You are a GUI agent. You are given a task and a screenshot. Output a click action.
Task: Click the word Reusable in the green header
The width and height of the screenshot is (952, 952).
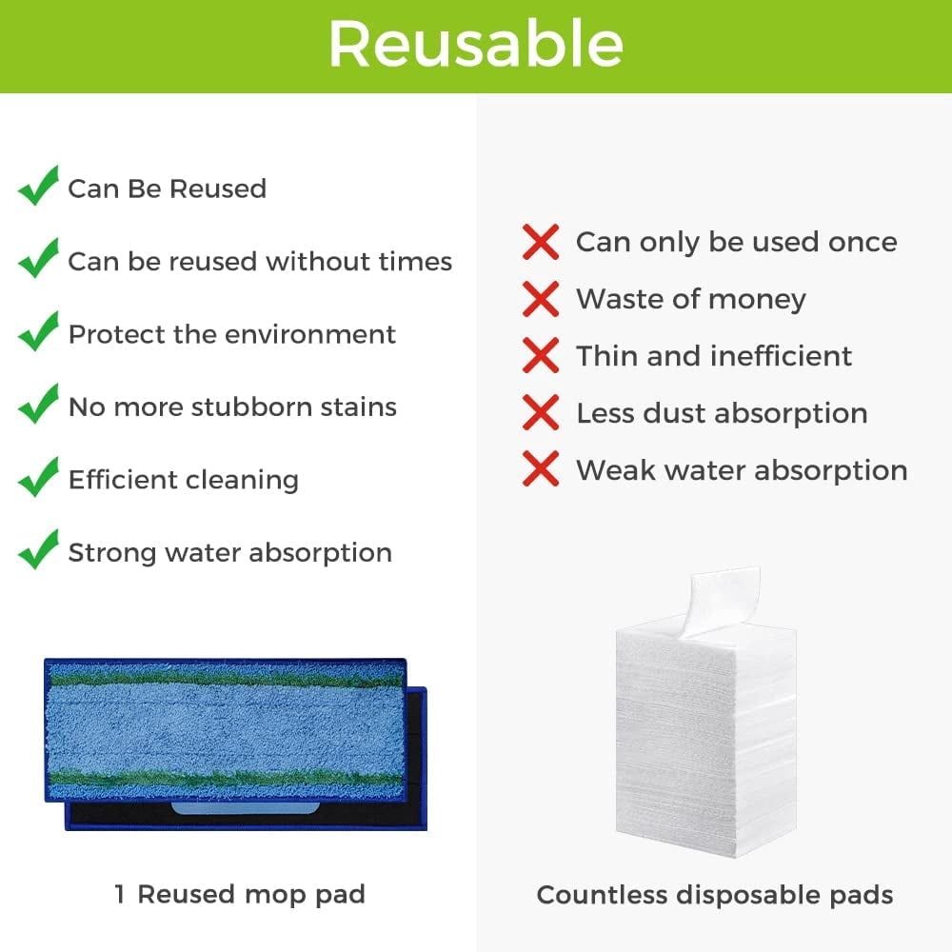(476, 44)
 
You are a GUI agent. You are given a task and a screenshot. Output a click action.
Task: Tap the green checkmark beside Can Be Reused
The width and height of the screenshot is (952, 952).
(38, 186)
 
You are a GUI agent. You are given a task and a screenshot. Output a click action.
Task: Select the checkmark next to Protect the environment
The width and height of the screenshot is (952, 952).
(38, 331)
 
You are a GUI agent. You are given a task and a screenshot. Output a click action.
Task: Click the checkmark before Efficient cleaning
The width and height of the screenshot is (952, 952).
(38, 477)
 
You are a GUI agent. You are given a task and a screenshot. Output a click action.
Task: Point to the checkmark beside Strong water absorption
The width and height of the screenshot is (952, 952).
(38, 549)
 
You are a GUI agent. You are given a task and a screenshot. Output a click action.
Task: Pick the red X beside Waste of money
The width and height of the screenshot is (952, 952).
(541, 299)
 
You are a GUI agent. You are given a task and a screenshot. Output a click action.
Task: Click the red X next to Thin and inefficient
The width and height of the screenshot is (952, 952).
(541, 356)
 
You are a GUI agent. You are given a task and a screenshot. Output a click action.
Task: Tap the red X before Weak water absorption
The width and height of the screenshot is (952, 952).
(541, 468)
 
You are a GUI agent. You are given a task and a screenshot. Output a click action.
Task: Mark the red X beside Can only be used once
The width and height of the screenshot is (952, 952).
(541, 242)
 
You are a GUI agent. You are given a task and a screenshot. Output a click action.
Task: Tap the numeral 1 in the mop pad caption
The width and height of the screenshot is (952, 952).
(120, 894)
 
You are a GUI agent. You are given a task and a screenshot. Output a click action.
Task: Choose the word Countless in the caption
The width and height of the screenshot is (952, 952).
(602, 895)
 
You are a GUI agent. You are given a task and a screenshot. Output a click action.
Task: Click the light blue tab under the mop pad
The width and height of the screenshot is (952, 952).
(246, 808)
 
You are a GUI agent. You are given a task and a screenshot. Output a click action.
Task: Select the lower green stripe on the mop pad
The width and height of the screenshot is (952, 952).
(225, 778)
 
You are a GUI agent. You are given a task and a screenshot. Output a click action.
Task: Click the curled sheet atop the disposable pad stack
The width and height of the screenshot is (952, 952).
(723, 601)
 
